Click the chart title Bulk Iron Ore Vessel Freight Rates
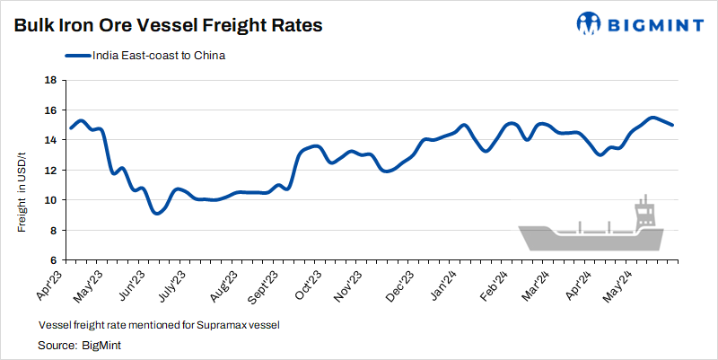point(168,26)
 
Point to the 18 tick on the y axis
point(51,80)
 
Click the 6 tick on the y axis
point(54,260)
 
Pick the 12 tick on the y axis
point(51,170)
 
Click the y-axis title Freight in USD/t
point(22,187)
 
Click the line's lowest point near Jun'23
point(156,213)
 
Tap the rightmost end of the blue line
point(673,125)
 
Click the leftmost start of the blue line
point(71,127)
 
